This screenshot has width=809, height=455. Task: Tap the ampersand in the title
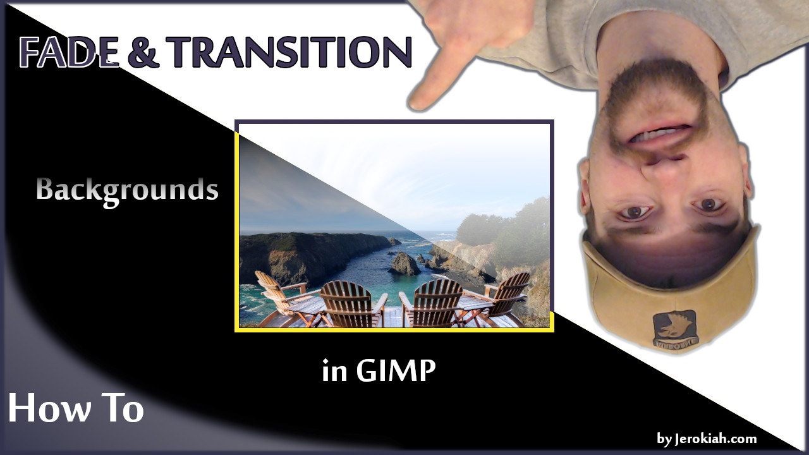click(x=144, y=52)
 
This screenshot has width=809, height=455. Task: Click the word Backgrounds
click(x=127, y=190)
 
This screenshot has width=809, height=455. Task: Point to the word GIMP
click(x=396, y=371)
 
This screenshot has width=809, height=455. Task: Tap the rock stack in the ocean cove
click(x=404, y=264)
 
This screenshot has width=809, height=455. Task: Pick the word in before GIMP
click(x=334, y=372)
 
